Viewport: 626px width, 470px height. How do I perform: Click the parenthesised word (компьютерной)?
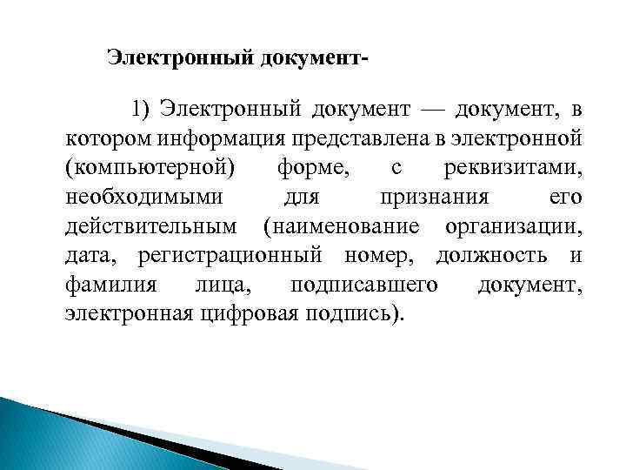pos(150,168)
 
